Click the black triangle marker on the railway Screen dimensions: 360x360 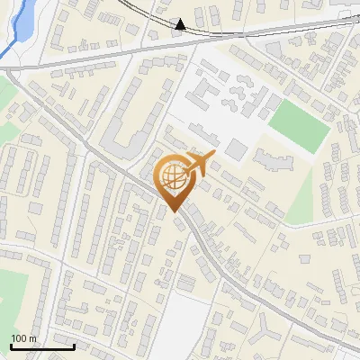[x=180, y=24]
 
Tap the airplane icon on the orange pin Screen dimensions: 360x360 [x=199, y=164]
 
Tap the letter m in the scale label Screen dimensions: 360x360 [x=32, y=338]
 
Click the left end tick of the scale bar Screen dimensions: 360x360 [x=11, y=346]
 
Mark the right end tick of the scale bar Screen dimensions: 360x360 [x=74, y=346]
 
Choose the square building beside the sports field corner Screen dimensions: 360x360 [x=235, y=149]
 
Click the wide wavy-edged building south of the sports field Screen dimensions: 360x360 [x=274, y=162]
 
